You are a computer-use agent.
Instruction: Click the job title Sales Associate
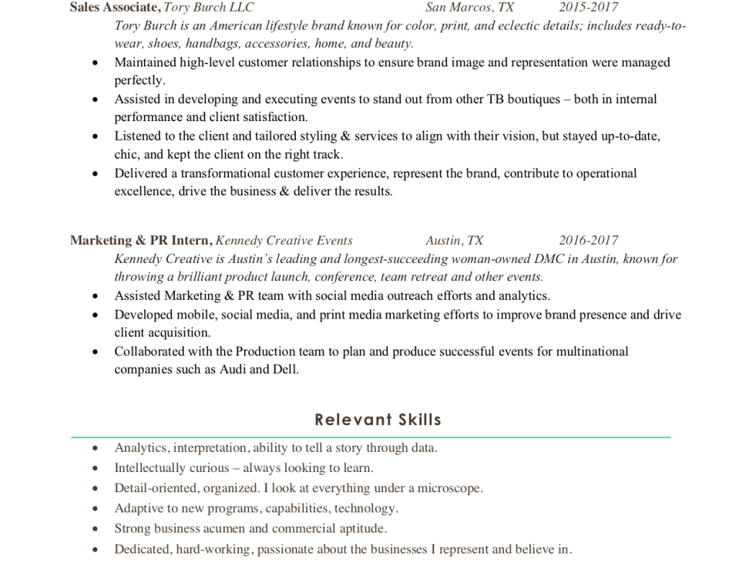pos(114,8)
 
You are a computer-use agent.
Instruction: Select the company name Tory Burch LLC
pos(209,8)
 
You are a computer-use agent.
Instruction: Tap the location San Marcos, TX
pos(469,8)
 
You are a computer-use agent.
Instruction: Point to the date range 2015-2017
pos(588,8)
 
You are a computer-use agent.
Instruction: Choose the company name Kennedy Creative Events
pos(284,241)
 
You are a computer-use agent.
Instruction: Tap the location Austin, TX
pos(454,241)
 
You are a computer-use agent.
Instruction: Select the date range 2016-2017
pos(588,241)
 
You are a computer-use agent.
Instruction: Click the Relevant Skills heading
pos(378,420)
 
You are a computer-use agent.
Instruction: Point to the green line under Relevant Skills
pos(371,437)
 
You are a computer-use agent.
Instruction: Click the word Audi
pos(233,369)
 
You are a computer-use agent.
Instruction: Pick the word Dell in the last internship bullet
pos(284,369)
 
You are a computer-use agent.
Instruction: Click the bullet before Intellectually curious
pos(95,468)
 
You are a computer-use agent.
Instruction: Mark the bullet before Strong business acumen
pos(95,529)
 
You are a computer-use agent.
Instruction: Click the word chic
pos(127,154)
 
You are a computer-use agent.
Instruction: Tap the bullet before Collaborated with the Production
pos(95,352)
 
